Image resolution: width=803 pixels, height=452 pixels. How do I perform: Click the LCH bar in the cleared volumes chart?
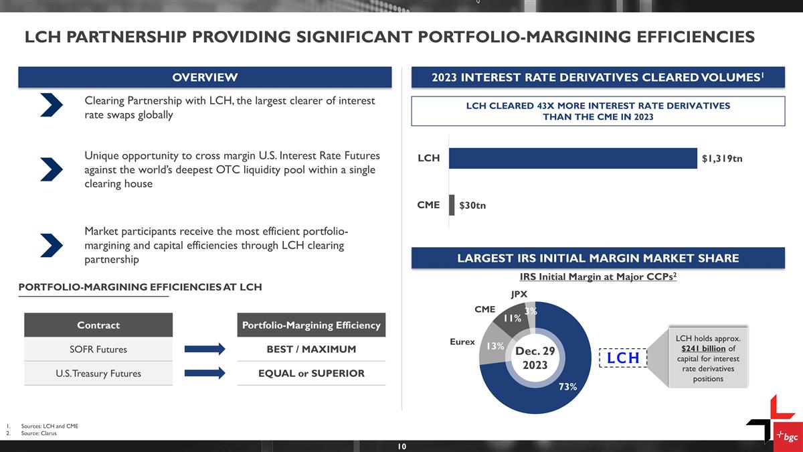click(x=573, y=158)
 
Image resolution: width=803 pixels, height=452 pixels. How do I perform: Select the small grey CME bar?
click(x=452, y=205)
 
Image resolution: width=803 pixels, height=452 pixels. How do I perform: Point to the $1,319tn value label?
click(x=722, y=159)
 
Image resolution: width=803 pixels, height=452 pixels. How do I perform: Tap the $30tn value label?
click(x=472, y=206)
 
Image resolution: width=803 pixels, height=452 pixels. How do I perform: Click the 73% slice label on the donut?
click(x=568, y=387)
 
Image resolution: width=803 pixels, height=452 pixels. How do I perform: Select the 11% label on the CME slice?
click(x=513, y=318)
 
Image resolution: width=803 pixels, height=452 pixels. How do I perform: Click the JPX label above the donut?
click(x=519, y=294)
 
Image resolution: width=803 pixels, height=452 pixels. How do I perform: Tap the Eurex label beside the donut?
click(x=462, y=342)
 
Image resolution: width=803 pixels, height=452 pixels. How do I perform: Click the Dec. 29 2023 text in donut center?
click(x=535, y=358)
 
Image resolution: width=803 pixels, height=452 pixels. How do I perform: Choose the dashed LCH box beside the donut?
click(x=623, y=358)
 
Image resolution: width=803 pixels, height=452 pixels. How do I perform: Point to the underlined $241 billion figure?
click(x=703, y=349)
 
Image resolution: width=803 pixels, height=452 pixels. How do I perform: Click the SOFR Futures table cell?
click(x=98, y=350)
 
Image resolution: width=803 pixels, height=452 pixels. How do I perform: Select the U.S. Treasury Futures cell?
click(x=98, y=374)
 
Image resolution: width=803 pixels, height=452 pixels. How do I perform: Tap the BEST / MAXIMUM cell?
click(x=311, y=349)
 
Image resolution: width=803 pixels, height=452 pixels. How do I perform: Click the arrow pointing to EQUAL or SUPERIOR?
click(x=205, y=373)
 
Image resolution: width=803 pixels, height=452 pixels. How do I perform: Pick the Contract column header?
click(x=98, y=325)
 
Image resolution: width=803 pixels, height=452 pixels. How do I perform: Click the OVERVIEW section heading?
click(x=205, y=78)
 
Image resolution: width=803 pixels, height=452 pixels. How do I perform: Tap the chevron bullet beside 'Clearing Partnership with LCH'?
click(x=52, y=104)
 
